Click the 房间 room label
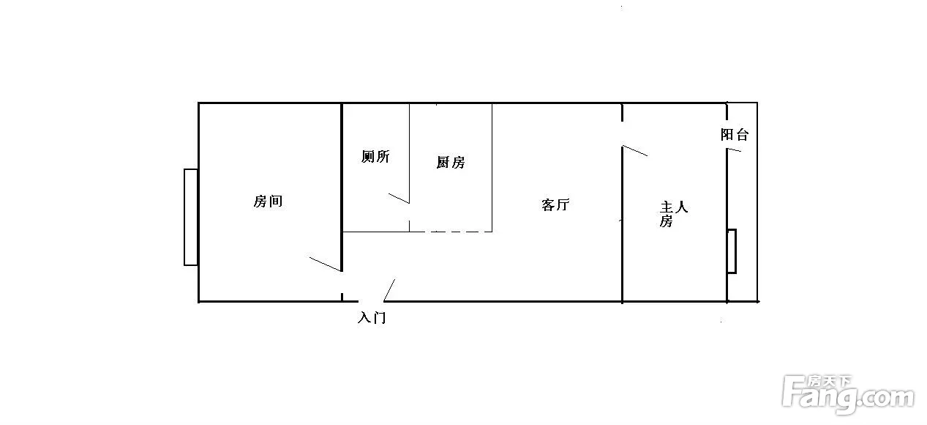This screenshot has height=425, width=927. click(268, 201)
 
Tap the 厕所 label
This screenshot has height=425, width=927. click(375, 156)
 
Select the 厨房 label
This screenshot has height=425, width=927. click(451, 162)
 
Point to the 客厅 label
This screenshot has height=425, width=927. click(555, 205)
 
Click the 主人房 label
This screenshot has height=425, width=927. click(673, 214)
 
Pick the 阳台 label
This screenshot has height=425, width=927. click(735, 134)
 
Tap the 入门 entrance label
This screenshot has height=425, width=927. click(372, 317)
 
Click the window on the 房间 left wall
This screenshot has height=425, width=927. click(191, 217)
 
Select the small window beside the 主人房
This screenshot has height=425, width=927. click(732, 251)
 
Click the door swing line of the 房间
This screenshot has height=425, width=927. click(326, 264)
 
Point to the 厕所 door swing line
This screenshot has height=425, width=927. click(399, 198)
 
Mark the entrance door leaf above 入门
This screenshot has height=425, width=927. click(389, 290)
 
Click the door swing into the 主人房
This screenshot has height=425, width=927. click(635, 150)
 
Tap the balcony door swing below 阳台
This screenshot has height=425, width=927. click(734, 149)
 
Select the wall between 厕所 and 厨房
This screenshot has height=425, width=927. click(409, 153)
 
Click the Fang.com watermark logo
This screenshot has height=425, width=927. click(849, 395)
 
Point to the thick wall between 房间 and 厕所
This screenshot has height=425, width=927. click(342, 187)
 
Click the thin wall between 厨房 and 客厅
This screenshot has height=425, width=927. click(492, 168)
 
